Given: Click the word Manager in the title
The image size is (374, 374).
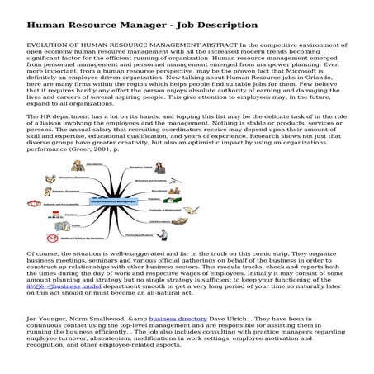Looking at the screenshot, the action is pos(138,25).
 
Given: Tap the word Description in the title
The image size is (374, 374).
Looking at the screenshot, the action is pos(226,25).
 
